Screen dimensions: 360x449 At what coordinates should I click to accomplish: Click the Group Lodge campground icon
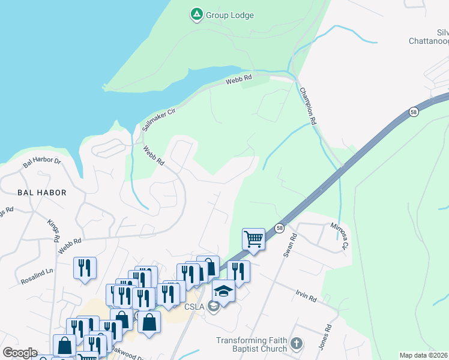tap(196, 14)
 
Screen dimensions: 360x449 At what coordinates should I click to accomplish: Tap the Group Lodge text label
tap(230, 15)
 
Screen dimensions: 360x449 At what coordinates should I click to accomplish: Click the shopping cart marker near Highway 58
tap(254, 239)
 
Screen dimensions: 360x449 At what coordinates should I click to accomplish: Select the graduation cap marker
tap(223, 291)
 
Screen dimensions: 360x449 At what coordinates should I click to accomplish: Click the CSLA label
tap(194, 307)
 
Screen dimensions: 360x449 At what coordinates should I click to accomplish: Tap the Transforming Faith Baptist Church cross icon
tap(295, 344)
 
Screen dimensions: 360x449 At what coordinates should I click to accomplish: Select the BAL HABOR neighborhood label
tap(41, 193)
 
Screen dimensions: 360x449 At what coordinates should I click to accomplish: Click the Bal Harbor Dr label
tap(42, 162)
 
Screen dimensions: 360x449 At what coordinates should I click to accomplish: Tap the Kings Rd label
tap(53, 230)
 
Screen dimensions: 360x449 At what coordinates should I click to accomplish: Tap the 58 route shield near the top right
tap(414, 112)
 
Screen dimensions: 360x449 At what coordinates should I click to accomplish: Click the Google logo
tap(20, 353)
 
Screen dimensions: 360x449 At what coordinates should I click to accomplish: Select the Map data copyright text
tap(423, 355)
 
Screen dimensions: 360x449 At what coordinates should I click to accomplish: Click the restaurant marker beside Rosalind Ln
tap(85, 268)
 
